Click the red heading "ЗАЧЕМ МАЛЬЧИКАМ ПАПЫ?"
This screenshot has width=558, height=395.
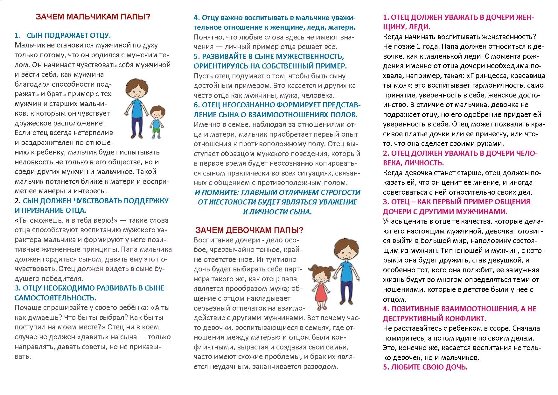click(x=93, y=17)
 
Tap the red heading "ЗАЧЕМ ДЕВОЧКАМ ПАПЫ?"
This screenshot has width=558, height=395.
click(x=249, y=230)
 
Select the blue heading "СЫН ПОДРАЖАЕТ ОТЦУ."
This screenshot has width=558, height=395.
click(x=69, y=36)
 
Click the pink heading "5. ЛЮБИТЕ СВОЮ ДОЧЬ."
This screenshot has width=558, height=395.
click(x=425, y=367)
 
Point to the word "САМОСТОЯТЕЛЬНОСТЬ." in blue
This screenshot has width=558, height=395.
click(x=55, y=298)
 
